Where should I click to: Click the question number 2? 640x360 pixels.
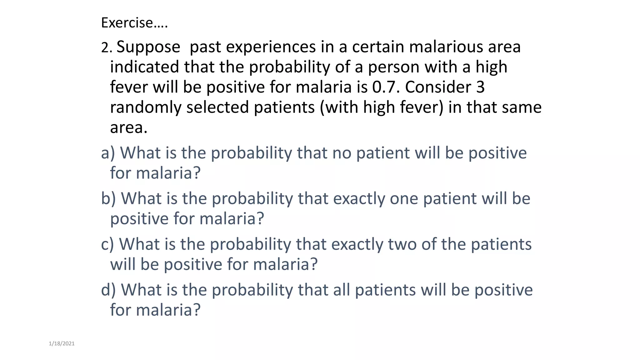[106, 48]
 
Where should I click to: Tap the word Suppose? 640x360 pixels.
[148, 47]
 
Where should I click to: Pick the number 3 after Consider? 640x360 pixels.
[480, 87]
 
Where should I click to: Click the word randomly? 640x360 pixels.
[146, 107]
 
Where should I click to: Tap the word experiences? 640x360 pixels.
[271, 47]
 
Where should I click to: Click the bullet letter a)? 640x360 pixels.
[108, 153]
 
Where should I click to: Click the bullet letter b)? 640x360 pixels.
[108, 199]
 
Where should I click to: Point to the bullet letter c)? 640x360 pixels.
[107, 244]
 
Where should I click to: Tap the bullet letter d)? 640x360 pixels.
[108, 290]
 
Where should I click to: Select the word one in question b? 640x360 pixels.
[404, 199]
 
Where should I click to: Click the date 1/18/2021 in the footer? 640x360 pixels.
[62, 344]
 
